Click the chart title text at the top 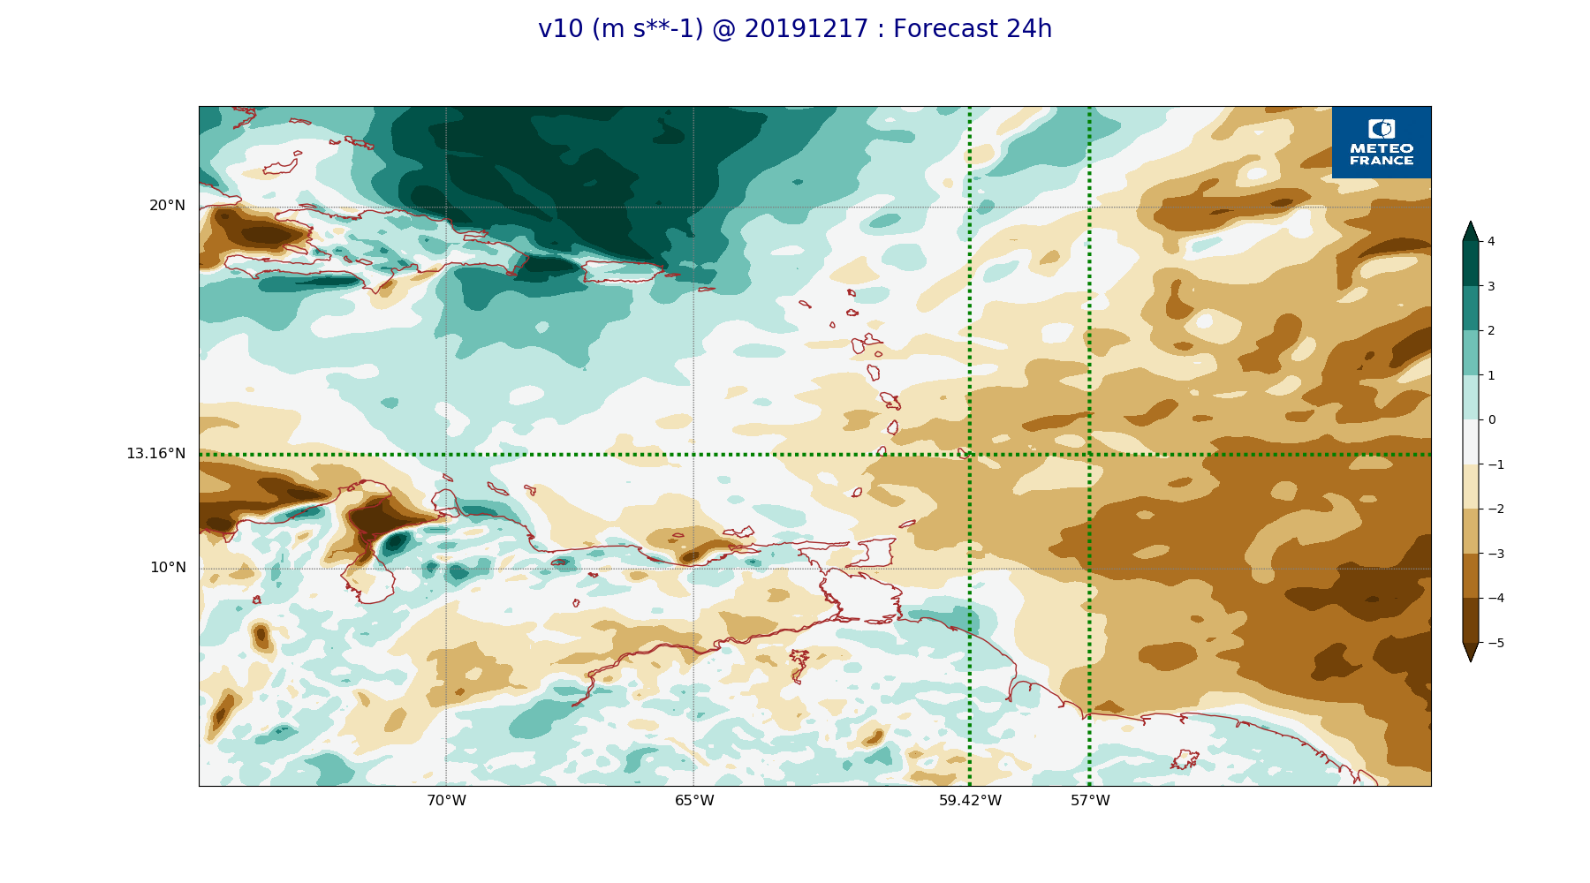click(x=795, y=29)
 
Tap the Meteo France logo click(x=1382, y=142)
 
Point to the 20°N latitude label click(x=167, y=206)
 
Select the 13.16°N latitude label click(x=155, y=454)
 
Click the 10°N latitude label click(x=168, y=568)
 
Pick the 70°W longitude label click(x=446, y=801)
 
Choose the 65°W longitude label click(x=694, y=801)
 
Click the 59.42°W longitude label click(x=970, y=801)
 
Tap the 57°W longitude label click(x=1090, y=801)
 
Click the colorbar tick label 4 click(x=1491, y=241)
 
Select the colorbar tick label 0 click(x=1491, y=419)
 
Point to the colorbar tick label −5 click(x=1495, y=643)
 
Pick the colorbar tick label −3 click(x=1495, y=554)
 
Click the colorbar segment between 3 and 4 click(x=1470, y=263)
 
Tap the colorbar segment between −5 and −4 click(x=1470, y=620)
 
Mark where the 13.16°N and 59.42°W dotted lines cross click(x=970, y=455)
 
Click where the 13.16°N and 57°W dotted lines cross click(x=1089, y=455)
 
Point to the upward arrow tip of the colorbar click(x=1470, y=223)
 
